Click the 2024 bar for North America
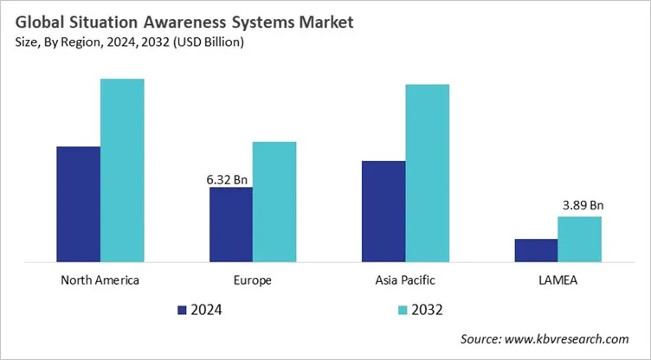[x=79, y=203]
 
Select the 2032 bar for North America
[x=122, y=170]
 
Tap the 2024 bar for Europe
[x=231, y=224]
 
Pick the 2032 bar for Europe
[x=274, y=201]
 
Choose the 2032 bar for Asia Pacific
[x=427, y=172]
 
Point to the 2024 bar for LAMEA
[x=536, y=249]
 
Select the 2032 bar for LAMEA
[x=579, y=238]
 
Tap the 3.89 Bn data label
[x=580, y=206]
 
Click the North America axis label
[x=100, y=280]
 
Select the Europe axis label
[x=253, y=280]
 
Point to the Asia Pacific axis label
[x=405, y=280]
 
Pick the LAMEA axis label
[x=558, y=280]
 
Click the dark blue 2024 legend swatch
[x=181, y=309]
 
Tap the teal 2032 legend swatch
[x=403, y=309]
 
